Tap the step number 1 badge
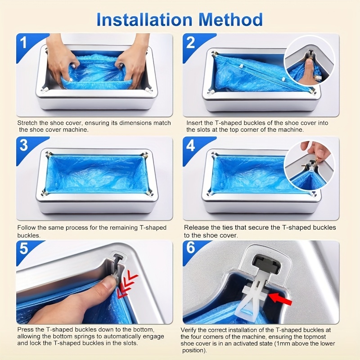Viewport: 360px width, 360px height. point(23,43)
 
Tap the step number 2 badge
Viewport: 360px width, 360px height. point(190,43)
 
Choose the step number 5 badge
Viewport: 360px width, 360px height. point(23,249)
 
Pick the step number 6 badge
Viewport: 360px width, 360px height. point(190,249)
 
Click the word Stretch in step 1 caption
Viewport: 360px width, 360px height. point(27,123)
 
